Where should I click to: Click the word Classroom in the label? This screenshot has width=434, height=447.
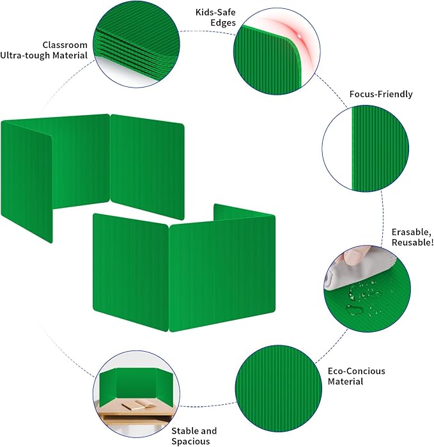[x=65, y=45]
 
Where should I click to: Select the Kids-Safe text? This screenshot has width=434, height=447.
[x=215, y=13]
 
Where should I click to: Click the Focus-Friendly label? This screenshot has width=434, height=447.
[x=381, y=95]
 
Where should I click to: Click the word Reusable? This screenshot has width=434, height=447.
[x=413, y=242]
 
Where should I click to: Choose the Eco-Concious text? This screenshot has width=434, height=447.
[x=356, y=371]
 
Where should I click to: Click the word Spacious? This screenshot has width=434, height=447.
[x=190, y=441]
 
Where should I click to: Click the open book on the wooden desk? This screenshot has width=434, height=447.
[x=139, y=405]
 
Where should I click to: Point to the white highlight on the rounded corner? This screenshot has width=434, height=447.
[x=298, y=36]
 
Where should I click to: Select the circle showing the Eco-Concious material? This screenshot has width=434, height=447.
[x=279, y=389]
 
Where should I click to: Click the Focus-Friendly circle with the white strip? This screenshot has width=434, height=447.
[x=366, y=148]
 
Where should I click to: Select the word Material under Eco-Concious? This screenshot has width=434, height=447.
[x=345, y=382]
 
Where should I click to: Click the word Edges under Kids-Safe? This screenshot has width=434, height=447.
[x=223, y=23]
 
